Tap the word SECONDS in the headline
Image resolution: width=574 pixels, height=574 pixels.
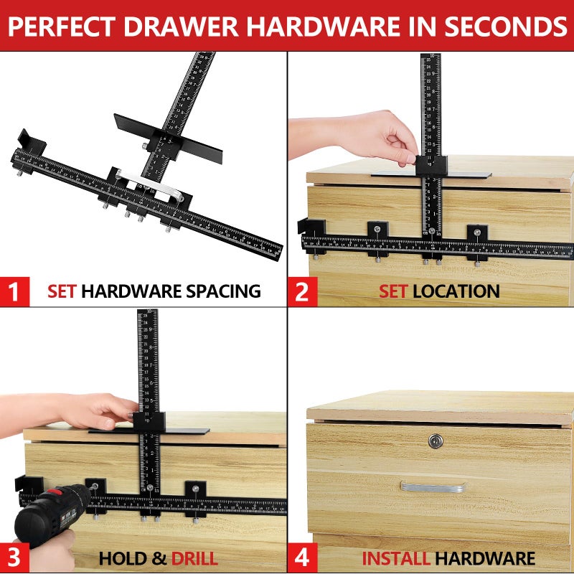coord(502,26)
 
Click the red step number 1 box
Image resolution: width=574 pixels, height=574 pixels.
coord(14,292)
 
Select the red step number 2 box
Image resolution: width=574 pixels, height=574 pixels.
coord(301,292)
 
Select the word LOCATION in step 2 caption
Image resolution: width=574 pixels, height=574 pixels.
coord(456,291)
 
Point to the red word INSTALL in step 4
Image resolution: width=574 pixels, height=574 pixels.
coord(396,558)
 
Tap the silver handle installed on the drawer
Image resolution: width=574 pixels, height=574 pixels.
coord(432,486)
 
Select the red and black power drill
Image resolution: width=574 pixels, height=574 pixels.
coord(50,513)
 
